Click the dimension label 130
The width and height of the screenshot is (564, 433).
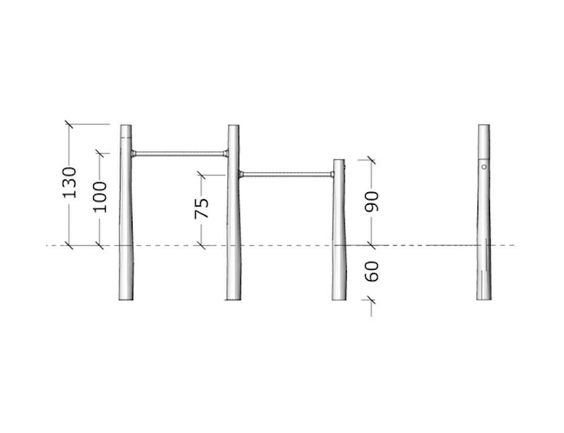click(x=70, y=182)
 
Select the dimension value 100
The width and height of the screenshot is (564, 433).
click(x=100, y=196)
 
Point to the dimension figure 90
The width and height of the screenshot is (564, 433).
click(x=373, y=201)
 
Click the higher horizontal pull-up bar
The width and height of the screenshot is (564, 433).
click(x=179, y=153)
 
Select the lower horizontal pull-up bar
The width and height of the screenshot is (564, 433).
click(x=287, y=173)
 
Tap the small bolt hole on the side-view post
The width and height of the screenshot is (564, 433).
click(x=484, y=167)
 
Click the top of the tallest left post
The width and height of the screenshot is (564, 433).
click(x=125, y=127)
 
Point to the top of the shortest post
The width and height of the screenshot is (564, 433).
click(x=339, y=161)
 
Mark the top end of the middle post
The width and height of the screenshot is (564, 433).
click(x=233, y=127)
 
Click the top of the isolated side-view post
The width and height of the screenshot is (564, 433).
click(x=484, y=127)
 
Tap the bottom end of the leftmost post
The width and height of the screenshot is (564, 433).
click(x=125, y=299)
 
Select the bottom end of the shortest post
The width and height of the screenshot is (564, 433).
click(x=339, y=299)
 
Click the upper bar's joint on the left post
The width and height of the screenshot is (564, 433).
click(x=133, y=153)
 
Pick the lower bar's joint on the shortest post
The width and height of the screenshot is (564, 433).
click(x=333, y=173)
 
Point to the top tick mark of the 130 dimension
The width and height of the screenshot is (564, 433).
click(x=69, y=124)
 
